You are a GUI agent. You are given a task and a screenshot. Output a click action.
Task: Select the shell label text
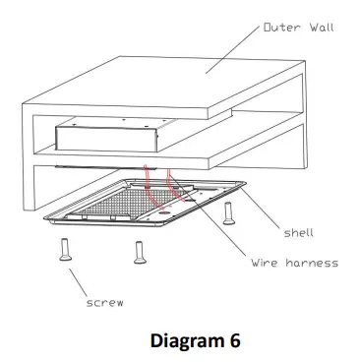pyautogui.click(x=299, y=234)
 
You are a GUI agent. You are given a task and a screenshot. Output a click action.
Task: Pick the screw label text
pyautogui.click(x=101, y=303)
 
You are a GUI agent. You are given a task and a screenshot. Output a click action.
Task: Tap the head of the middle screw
pyautogui.click(x=139, y=242)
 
